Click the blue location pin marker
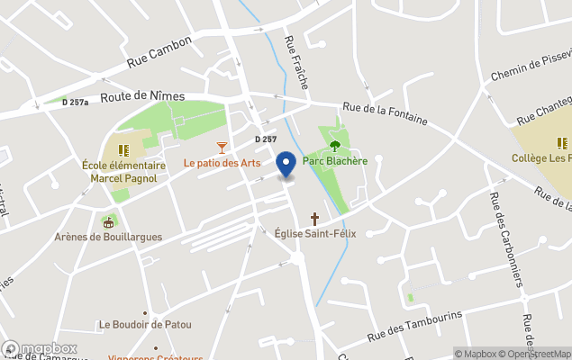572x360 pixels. pyautogui.click(x=286, y=165)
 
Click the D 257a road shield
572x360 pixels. pyautogui.click(x=76, y=103)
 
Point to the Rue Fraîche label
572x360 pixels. pyautogui.click(x=295, y=61)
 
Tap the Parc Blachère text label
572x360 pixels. pyautogui.click(x=335, y=161)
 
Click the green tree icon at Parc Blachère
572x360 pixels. pyautogui.click(x=335, y=146)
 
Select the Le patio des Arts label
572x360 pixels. pyautogui.click(x=222, y=163)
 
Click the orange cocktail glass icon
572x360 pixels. pyautogui.click(x=222, y=148)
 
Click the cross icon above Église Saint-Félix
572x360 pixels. pyautogui.click(x=314, y=219)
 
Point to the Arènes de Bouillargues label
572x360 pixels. pyautogui.click(x=109, y=237)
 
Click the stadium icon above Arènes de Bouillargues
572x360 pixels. pyautogui.click(x=109, y=221)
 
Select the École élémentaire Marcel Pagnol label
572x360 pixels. pyautogui.click(x=123, y=172)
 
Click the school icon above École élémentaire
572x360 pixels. pyautogui.click(x=123, y=149)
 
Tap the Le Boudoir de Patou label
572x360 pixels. pyautogui.click(x=143, y=325)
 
